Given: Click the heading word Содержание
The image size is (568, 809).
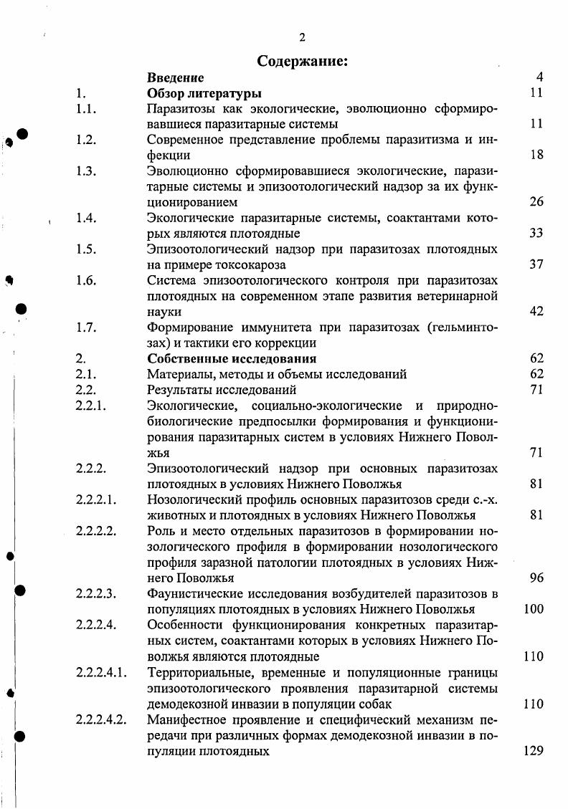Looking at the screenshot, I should (301, 62).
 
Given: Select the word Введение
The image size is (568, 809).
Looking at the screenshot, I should (175, 77).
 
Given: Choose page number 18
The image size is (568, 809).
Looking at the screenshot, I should (536, 155).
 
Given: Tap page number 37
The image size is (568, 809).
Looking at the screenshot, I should (536, 264).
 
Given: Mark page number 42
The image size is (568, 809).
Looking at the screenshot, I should (536, 311).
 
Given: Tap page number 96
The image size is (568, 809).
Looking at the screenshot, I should (536, 578).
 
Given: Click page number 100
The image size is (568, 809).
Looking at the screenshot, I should (534, 609).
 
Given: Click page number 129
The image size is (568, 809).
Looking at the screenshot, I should (533, 751).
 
